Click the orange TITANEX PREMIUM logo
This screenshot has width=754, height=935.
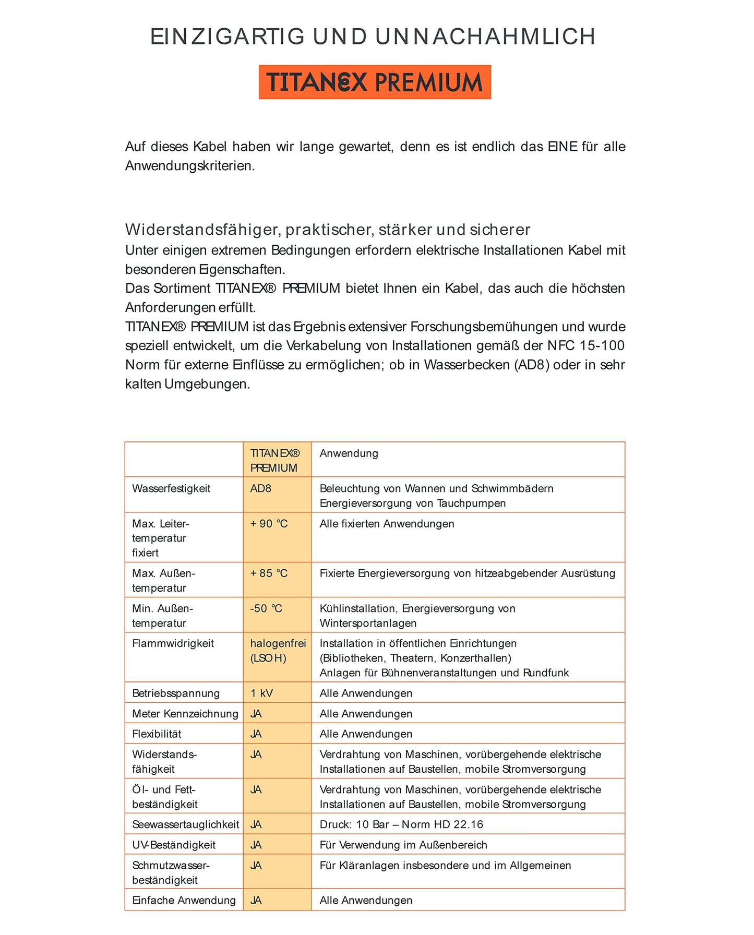click(x=375, y=82)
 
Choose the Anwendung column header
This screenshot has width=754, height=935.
click(x=349, y=453)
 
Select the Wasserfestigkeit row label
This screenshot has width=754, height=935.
click(x=171, y=489)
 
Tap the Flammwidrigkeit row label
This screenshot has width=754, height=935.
click(x=173, y=644)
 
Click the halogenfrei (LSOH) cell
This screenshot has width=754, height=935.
click(x=278, y=651)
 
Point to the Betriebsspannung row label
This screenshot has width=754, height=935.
click(x=176, y=693)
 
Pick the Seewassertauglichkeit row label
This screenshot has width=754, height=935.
click(x=185, y=824)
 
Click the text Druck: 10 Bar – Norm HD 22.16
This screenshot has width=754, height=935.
click(x=401, y=824)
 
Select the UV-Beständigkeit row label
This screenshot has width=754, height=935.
click(x=174, y=845)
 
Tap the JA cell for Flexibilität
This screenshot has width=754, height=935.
click(x=256, y=734)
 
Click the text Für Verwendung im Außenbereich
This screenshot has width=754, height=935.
click(x=403, y=845)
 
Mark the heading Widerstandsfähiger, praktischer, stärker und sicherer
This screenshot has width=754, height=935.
click(x=328, y=230)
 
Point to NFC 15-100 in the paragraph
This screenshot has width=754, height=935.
click(x=585, y=346)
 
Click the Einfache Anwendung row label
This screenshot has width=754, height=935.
click(x=184, y=900)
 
